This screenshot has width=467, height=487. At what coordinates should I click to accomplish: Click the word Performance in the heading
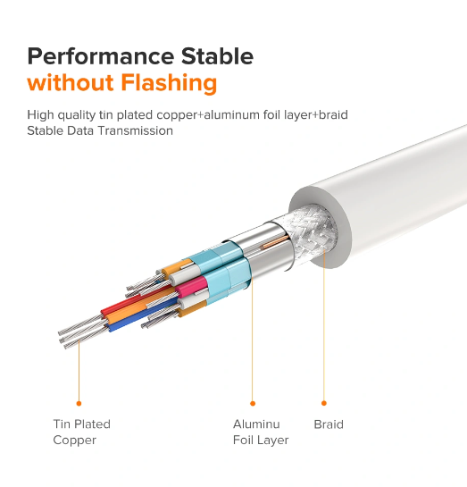point(101,56)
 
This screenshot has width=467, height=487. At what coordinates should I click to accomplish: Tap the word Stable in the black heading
point(217,56)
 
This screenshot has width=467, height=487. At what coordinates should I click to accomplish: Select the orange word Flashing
point(169,83)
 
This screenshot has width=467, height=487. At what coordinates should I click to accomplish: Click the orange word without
point(71,82)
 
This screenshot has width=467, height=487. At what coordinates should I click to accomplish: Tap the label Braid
point(329,424)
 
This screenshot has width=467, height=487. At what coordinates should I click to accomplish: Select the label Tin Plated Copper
point(81,432)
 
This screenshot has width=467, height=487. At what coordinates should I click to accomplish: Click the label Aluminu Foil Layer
point(261,432)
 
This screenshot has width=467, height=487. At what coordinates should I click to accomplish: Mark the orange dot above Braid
point(324,403)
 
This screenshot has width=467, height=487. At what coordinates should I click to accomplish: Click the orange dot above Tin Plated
point(79,404)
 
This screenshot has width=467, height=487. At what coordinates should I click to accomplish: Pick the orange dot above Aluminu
point(253,404)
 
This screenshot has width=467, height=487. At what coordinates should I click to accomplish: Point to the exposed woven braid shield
point(313,234)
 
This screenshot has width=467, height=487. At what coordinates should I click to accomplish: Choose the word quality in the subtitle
point(76,115)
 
